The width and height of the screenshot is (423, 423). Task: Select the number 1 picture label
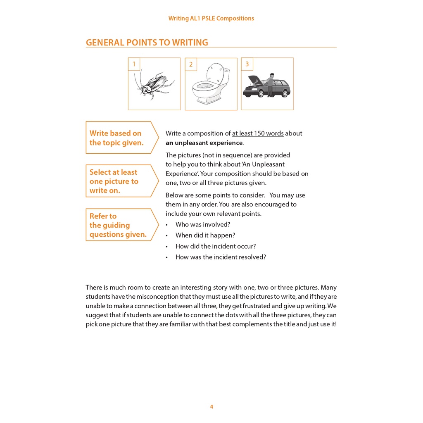coord(134,64)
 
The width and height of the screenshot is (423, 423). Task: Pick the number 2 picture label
coord(191,64)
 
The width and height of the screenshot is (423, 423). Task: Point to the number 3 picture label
coord(247,64)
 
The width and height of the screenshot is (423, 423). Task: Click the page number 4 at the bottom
coord(211,406)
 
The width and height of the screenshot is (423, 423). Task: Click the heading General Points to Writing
coord(147,43)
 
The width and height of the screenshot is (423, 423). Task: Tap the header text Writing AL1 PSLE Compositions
coord(211,18)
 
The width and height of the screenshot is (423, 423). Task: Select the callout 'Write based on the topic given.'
coord(116,138)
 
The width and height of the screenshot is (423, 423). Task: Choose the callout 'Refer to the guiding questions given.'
coord(118,225)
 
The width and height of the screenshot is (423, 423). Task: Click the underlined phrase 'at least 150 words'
coord(258,133)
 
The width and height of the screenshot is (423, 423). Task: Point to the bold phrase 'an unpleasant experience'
coord(204,143)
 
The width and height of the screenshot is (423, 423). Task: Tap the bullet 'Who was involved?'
coord(202,225)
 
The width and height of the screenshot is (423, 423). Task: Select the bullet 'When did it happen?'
coord(205,235)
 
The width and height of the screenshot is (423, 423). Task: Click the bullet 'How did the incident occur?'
coord(215,246)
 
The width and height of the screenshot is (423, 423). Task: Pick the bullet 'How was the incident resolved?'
coord(221,257)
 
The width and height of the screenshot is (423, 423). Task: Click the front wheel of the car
coord(261,94)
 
